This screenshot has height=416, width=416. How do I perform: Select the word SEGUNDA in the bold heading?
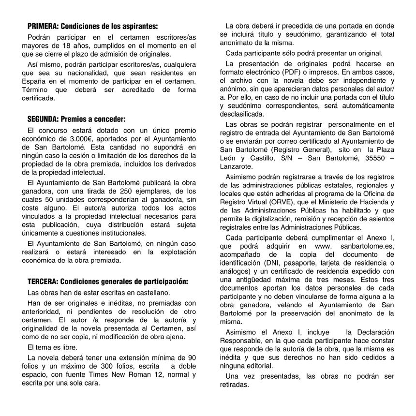click(42, 119)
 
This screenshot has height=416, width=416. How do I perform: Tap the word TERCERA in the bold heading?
click(42, 281)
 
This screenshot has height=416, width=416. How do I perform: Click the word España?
click(37, 80)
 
